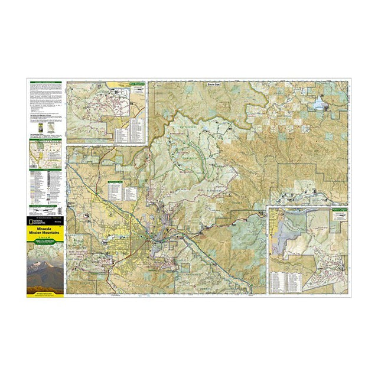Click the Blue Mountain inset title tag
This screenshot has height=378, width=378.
[x=136, y=84]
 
